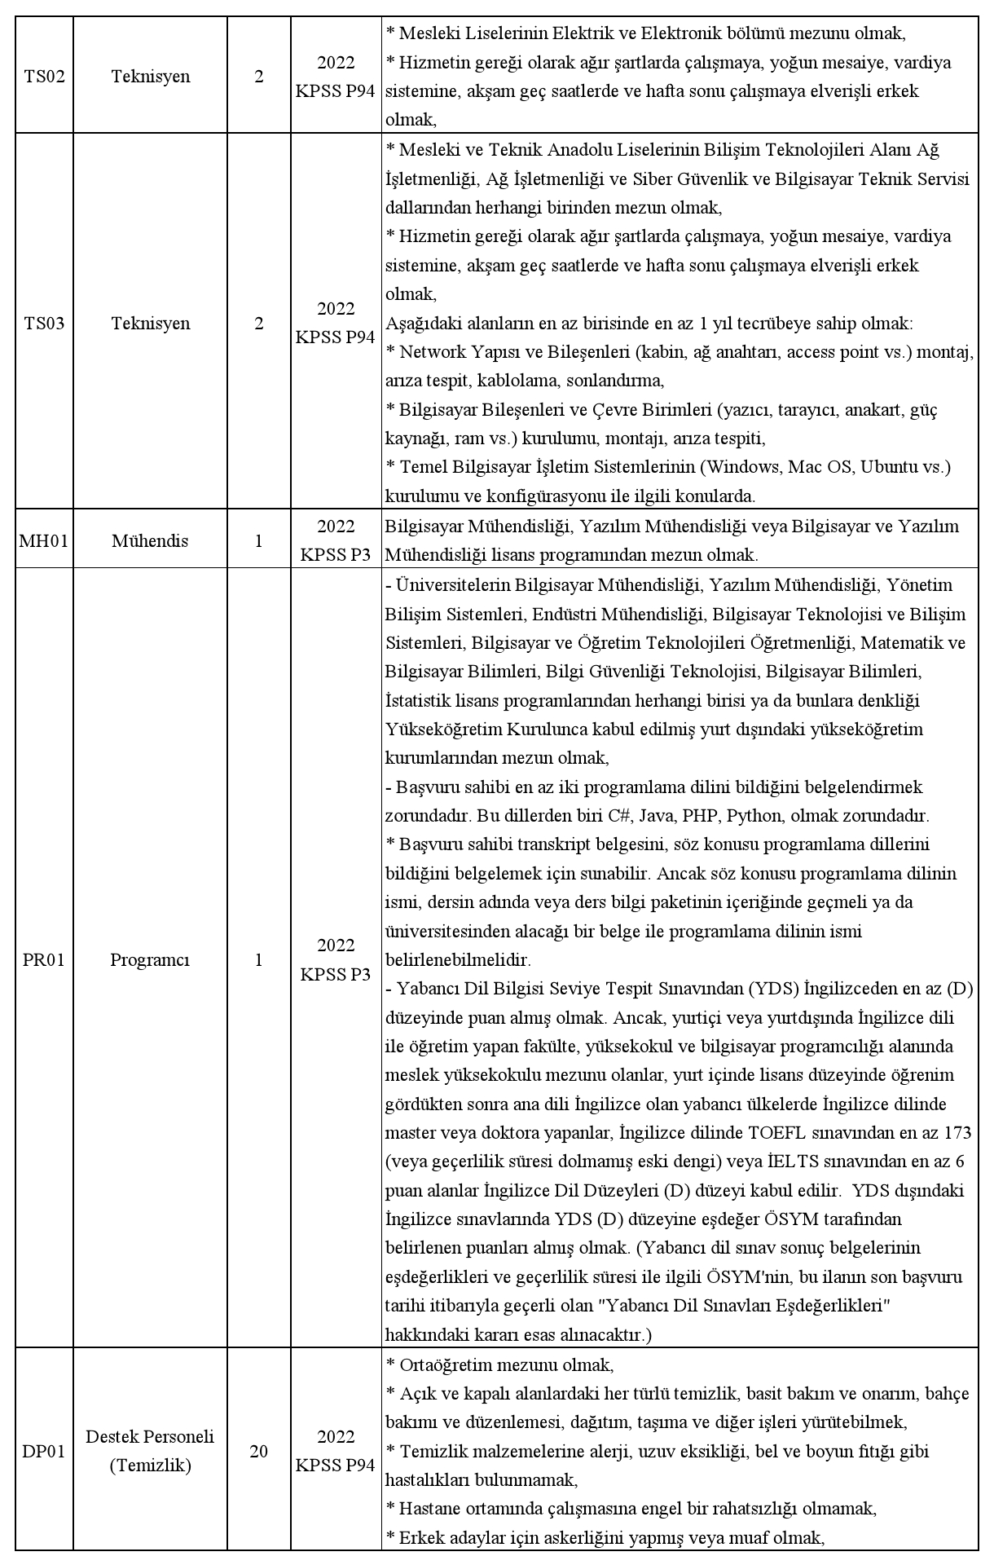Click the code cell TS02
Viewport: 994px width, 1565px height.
pyautogui.click(x=44, y=77)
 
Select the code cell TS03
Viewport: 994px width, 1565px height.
pyautogui.click(x=44, y=324)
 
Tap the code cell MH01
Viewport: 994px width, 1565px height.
pyautogui.click(x=44, y=541)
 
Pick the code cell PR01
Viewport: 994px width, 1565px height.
pyautogui.click(x=44, y=960)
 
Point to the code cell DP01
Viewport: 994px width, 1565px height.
pyautogui.click(x=44, y=1452)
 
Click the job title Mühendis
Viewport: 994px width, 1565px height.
pyautogui.click(x=150, y=541)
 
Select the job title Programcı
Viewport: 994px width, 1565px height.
pyautogui.click(x=150, y=960)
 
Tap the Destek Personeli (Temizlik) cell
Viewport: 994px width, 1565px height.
pyautogui.click(x=150, y=1452)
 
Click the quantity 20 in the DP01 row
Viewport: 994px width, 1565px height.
pyautogui.click(x=259, y=1452)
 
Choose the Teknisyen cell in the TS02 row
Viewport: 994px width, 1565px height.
pyautogui.click(x=150, y=77)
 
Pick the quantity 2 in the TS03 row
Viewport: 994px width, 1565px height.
pyautogui.click(x=259, y=324)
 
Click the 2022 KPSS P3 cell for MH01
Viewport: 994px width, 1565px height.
pyautogui.click(x=336, y=541)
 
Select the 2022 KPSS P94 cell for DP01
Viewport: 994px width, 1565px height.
pyautogui.click(x=336, y=1452)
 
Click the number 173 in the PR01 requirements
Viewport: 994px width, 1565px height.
pyautogui.click(x=957, y=1133)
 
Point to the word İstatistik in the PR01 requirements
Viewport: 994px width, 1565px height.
pyautogui.click(x=421, y=701)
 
